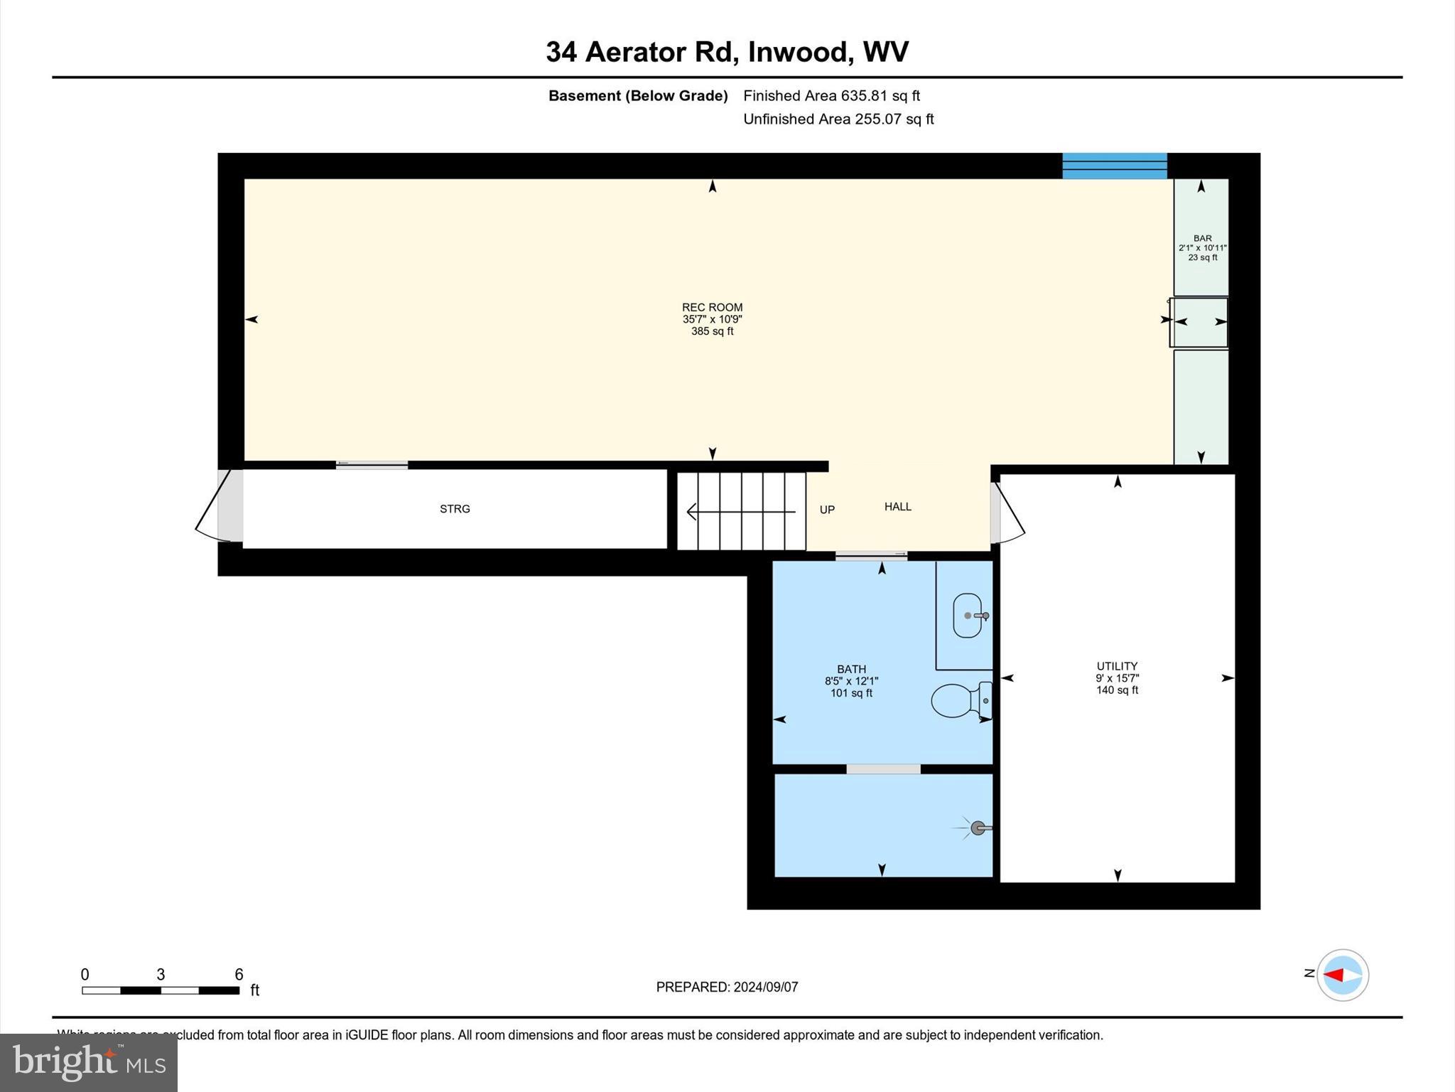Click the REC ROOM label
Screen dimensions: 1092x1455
pyautogui.click(x=712, y=308)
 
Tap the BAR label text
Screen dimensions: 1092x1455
pyautogui.click(x=1202, y=239)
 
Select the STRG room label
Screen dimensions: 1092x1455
pyautogui.click(x=455, y=509)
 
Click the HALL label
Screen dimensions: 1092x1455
pyautogui.click(x=897, y=507)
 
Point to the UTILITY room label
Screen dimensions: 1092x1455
pyautogui.click(x=1117, y=666)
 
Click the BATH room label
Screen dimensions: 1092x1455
pyautogui.click(x=851, y=669)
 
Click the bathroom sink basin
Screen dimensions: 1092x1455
pyautogui.click(x=967, y=616)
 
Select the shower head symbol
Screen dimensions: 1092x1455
pyautogui.click(x=978, y=828)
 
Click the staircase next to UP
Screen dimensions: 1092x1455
pyautogui.click(x=741, y=511)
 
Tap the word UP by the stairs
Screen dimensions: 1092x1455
pyautogui.click(x=827, y=510)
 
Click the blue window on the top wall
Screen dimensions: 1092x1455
pyautogui.click(x=1114, y=166)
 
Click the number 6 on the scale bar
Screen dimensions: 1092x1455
pyautogui.click(x=239, y=975)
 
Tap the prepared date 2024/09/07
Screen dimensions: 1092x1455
pyautogui.click(x=765, y=987)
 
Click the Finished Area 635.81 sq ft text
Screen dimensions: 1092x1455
pyautogui.click(x=831, y=96)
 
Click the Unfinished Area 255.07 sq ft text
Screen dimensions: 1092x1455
pyautogui.click(x=838, y=119)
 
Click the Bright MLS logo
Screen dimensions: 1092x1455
pyautogui.click(x=89, y=1062)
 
